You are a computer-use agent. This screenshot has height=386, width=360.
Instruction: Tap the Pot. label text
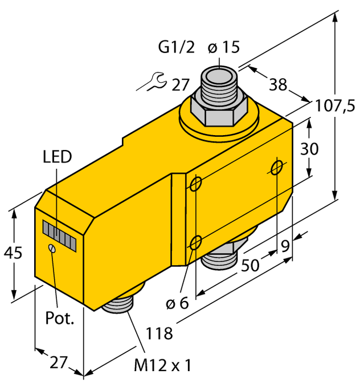60,318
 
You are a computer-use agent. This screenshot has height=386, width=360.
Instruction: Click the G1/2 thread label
175,48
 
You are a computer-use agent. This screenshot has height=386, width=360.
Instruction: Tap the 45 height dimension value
12,252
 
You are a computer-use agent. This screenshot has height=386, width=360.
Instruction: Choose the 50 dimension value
248,266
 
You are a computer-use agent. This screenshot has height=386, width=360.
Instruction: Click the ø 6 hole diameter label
177,304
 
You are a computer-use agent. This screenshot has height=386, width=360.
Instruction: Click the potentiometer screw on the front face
52,248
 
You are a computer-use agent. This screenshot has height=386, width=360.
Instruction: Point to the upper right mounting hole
277,167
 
